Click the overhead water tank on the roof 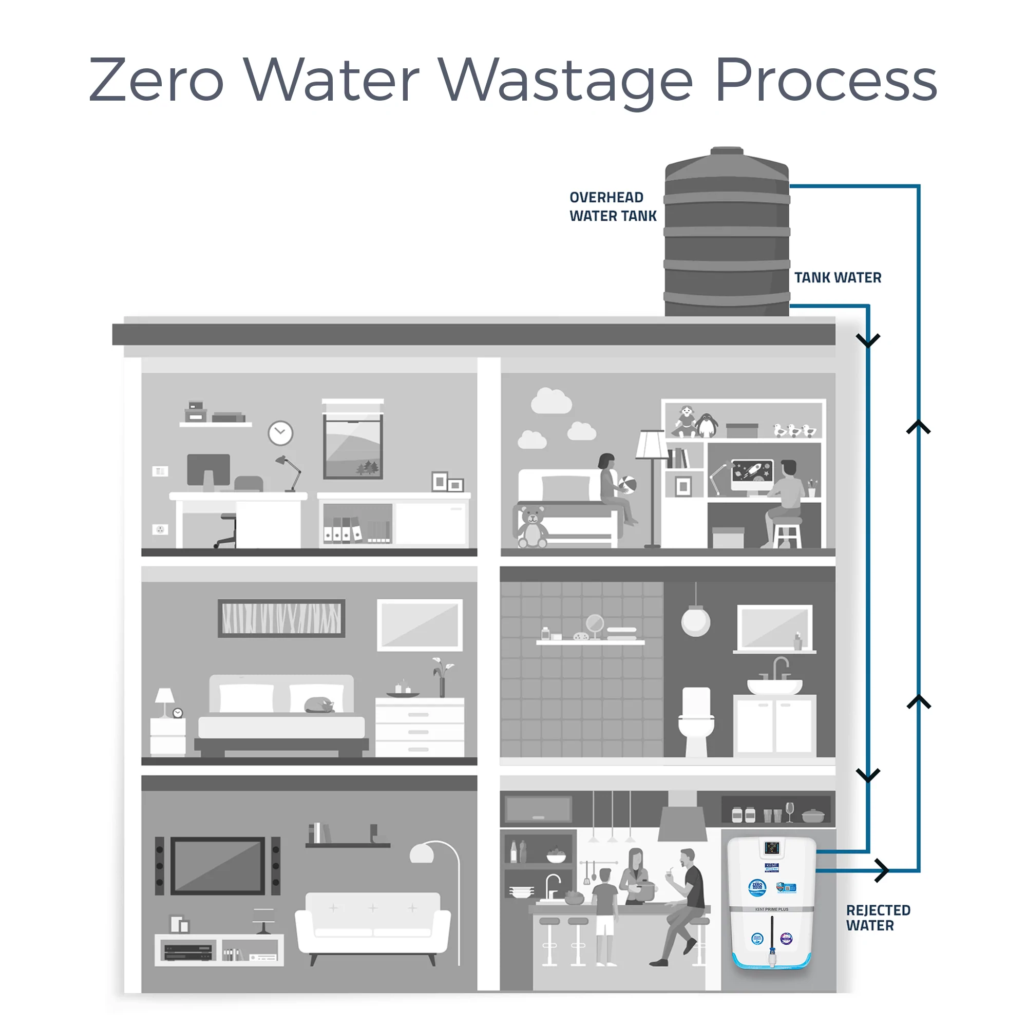click(726, 234)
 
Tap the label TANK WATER click(837, 277)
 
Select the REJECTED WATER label click(878, 918)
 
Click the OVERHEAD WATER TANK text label click(613, 206)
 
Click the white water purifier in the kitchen click(771, 904)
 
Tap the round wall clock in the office click(280, 433)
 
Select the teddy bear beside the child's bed click(532, 527)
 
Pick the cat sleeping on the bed click(319, 706)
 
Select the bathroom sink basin click(774, 686)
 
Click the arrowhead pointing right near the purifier click(881, 870)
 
